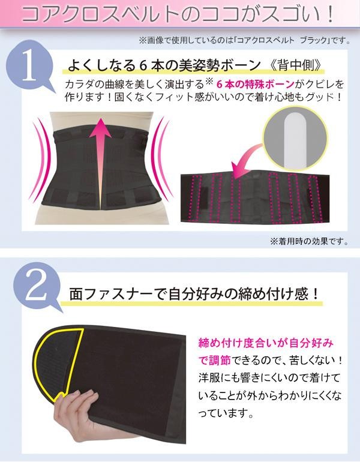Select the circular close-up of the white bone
pos(295,139)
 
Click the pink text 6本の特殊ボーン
pos(255,85)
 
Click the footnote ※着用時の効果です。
pos(310,242)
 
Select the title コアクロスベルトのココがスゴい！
pos(178,14)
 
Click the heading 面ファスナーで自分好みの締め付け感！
pos(194,294)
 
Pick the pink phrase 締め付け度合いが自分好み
pos(266,343)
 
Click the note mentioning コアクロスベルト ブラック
pos(245,40)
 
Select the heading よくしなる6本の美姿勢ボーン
pos(164,66)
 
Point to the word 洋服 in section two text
pos(209,378)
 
